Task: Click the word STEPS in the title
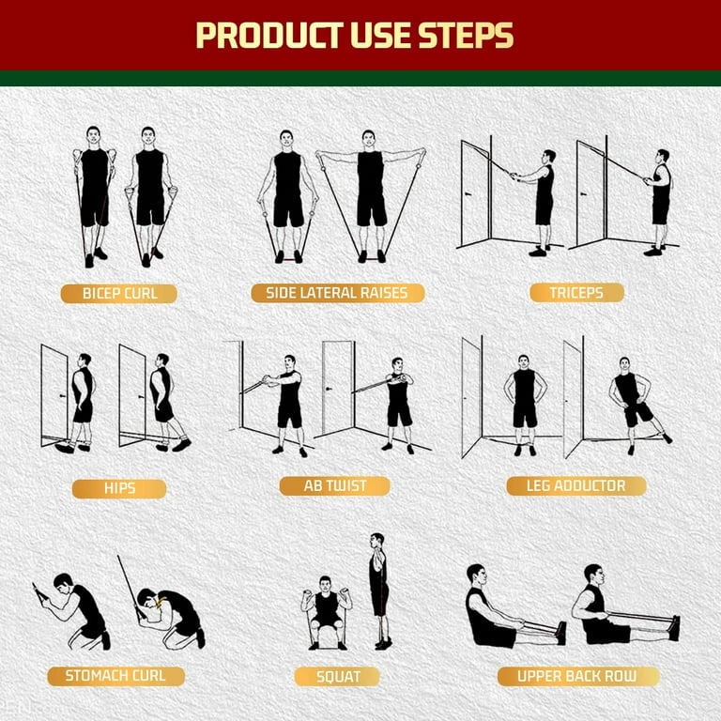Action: (466, 35)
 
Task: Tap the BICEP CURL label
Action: (119, 293)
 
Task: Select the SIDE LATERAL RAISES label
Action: (337, 293)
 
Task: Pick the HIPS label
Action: (119, 488)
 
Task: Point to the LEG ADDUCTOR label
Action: (576, 485)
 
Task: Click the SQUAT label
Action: (337, 676)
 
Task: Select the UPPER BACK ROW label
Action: (575, 676)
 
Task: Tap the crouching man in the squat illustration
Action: (326, 610)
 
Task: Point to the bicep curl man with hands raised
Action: (95, 192)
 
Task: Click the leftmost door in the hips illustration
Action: (54, 394)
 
